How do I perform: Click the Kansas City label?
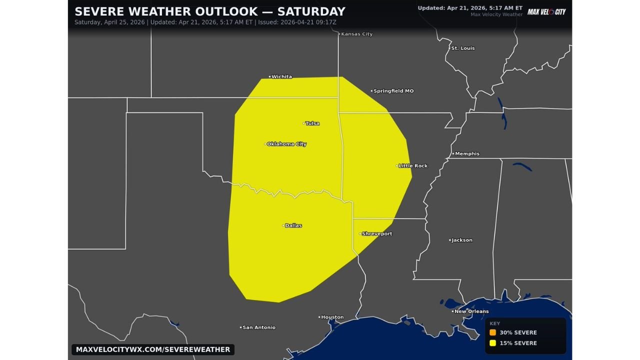click(356, 34)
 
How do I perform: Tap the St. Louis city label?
click(462, 48)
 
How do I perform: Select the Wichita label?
click(281, 76)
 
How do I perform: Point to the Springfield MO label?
click(393, 91)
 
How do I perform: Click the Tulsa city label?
click(312, 123)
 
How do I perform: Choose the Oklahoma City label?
click(286, 144)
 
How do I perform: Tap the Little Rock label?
click(413, 165)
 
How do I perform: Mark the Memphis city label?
click(467, 153)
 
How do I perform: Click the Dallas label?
click(293, 225)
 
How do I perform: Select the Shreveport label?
click(376, 233)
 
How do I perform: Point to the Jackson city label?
click(462, 240)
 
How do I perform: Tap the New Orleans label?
click(471, 311)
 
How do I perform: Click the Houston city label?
click(332, 317)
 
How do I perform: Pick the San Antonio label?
click(258, 327)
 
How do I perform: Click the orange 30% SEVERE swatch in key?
click(493, 332)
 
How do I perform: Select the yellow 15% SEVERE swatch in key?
click(493, 343)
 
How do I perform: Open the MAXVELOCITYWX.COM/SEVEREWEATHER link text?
click(153, 349)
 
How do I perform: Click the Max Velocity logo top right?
click(546, 11)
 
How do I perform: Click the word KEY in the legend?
click(494, 323)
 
